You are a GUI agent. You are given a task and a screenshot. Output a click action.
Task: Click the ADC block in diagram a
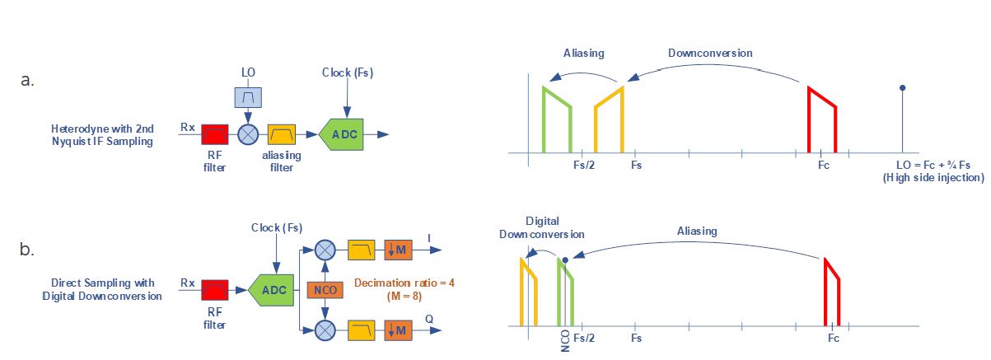coord(342,134)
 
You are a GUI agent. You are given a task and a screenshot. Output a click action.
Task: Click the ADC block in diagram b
coord(271,290)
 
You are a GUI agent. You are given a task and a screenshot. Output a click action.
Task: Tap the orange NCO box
coord(325,290)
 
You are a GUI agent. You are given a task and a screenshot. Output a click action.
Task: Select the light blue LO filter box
coord(248,97)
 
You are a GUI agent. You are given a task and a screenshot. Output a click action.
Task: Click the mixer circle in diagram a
coord(248,134)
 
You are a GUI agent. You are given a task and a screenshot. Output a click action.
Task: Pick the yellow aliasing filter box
coord(282,134)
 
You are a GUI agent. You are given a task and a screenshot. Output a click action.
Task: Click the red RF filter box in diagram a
coord(215,134)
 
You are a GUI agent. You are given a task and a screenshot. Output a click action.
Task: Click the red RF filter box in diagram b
coord(215,290)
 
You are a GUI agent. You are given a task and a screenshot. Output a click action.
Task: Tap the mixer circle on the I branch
coord(325,250)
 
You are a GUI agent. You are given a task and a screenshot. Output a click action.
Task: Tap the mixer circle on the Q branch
coord(325,330)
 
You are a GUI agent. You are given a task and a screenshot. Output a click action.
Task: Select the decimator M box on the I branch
coord(398,250)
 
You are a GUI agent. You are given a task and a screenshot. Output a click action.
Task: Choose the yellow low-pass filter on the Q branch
coord(362,330)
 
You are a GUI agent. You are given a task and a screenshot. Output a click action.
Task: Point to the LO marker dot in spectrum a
coord(903,88)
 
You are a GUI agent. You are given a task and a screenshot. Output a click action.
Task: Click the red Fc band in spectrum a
coord(822,119)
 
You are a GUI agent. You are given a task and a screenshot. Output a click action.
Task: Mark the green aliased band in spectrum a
coord(557,119)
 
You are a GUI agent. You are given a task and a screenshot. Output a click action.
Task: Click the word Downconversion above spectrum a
coord(710,53)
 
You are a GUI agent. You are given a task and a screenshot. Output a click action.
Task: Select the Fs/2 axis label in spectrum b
coord(584,339)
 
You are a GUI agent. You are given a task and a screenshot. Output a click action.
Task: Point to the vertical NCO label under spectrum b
coord(565,341)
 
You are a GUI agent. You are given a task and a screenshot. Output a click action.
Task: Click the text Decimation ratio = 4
coord(404,283)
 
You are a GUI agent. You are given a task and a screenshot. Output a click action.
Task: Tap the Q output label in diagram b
coord(429,319)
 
